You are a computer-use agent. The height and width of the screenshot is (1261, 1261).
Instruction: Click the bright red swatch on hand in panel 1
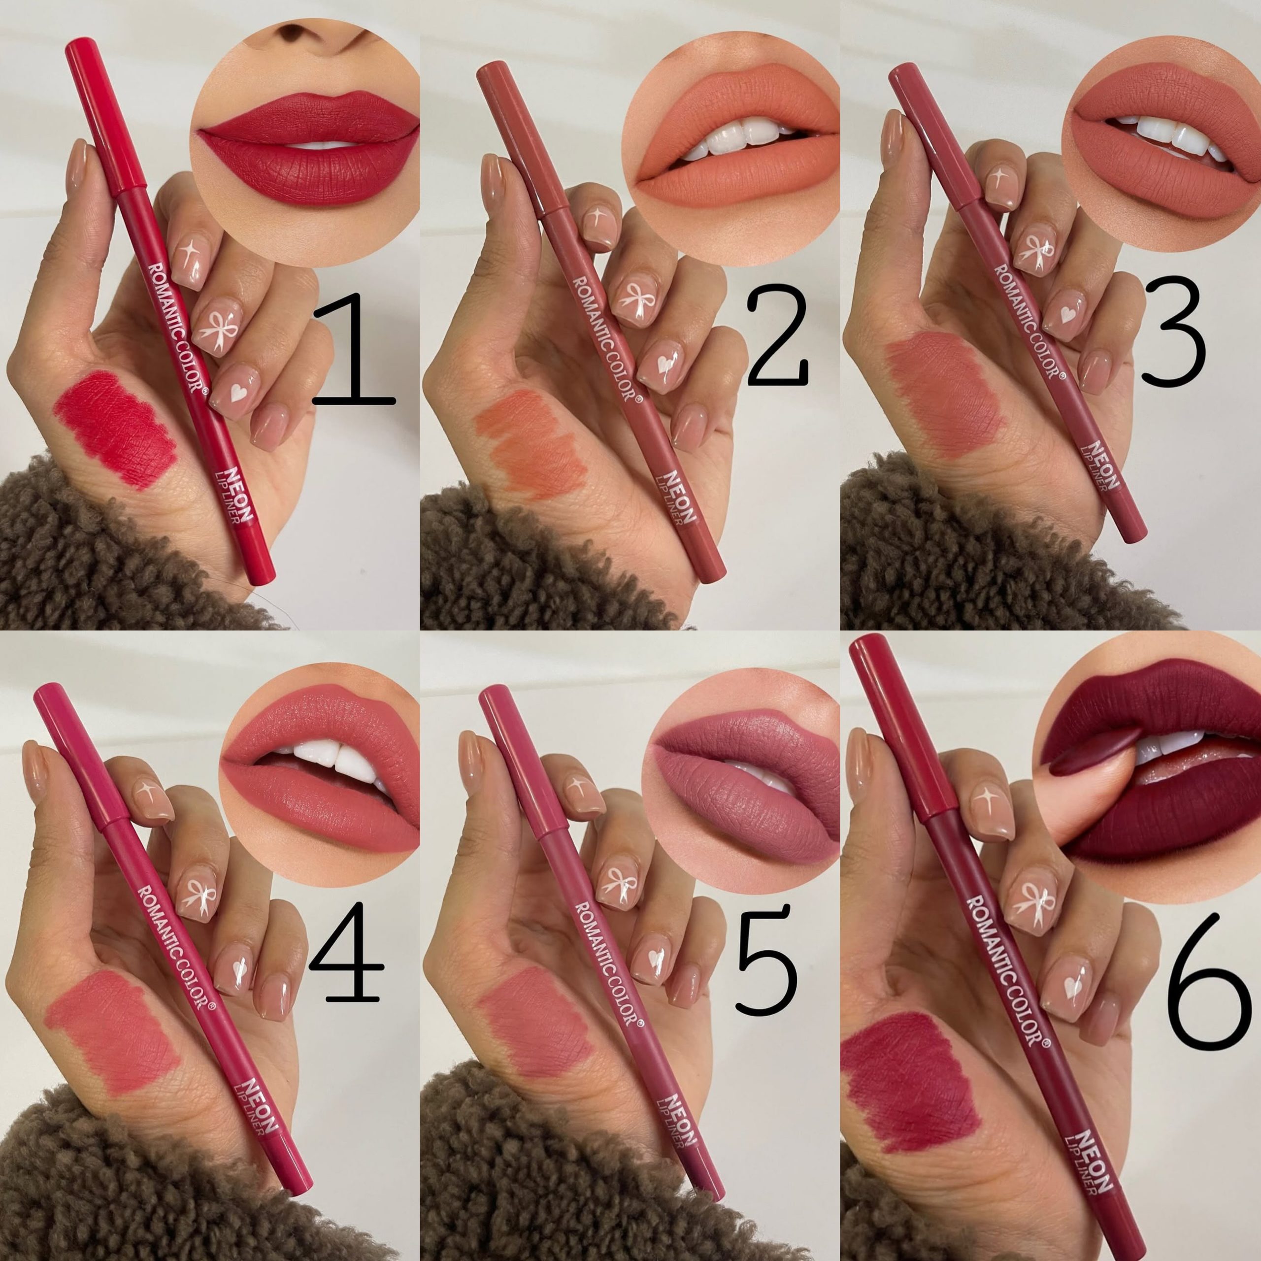pos(115,430)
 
